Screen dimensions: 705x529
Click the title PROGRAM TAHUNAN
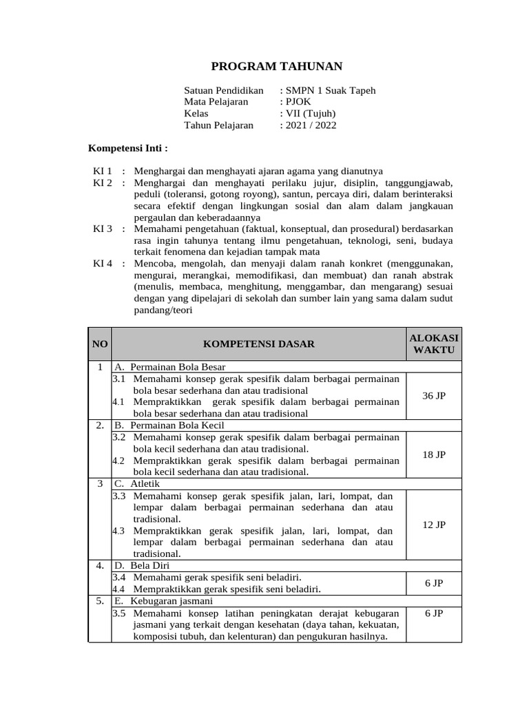[x=276, y=66]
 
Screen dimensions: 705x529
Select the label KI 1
[x=103, y=170]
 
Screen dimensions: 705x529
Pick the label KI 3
[x=103, y=229]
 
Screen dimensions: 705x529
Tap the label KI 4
[x=103, y=264]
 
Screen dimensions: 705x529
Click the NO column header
[x=100, y=344]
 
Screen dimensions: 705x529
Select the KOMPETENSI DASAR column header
[x=258, y=344]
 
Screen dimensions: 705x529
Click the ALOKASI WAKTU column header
[x=434, y=344]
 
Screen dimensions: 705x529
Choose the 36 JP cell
[x=434, y=396]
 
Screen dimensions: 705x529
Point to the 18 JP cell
[x=434, y=455]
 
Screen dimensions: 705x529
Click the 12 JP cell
[x=434, y=525]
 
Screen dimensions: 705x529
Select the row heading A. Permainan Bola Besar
[x=169, y=367]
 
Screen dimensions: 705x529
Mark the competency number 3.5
[x=118, y=613]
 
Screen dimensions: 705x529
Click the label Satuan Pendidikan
[x=224, y=90]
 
